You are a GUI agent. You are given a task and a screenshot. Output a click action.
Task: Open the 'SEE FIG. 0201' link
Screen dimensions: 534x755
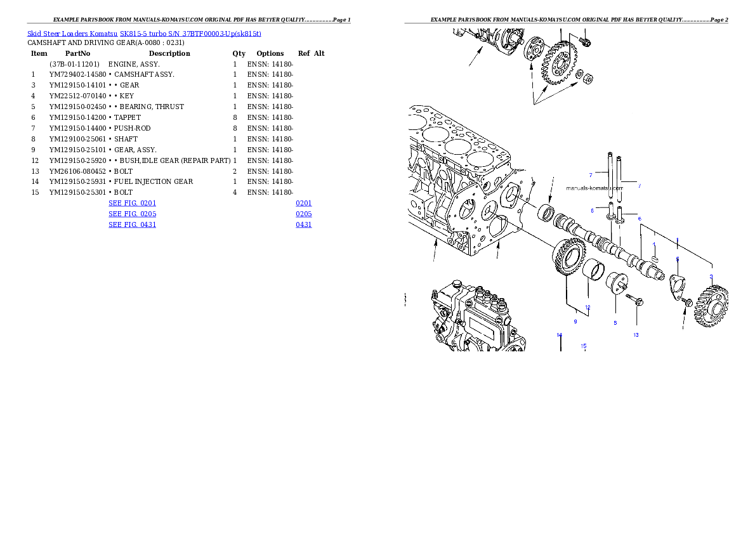pos(132,203)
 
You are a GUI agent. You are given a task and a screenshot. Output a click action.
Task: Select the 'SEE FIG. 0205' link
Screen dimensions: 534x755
pos(132,214)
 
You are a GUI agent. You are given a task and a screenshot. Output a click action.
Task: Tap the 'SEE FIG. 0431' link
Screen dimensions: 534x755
pos(132,225)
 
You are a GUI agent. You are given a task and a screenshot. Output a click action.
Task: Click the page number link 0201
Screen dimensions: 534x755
pos(303,203)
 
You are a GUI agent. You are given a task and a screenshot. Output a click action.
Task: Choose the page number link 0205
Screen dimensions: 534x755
pos(303,214)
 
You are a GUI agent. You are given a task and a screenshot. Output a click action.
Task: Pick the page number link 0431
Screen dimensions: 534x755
pos(303,225)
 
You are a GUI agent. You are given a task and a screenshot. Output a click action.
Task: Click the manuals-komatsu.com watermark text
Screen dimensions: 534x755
pos(592,188)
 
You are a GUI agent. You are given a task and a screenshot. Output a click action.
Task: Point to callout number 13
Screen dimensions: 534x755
pos(636,335)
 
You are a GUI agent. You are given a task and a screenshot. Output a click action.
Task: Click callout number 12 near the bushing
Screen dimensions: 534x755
pos(588,308)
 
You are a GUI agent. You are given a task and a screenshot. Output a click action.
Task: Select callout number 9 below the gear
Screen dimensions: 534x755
pos(575,322)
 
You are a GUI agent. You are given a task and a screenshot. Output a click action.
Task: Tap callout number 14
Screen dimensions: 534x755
pos(559,335)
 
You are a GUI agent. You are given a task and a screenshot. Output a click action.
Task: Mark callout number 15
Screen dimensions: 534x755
pos(584,346)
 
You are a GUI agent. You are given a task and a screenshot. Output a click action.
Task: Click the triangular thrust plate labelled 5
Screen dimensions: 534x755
pos(678,283)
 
